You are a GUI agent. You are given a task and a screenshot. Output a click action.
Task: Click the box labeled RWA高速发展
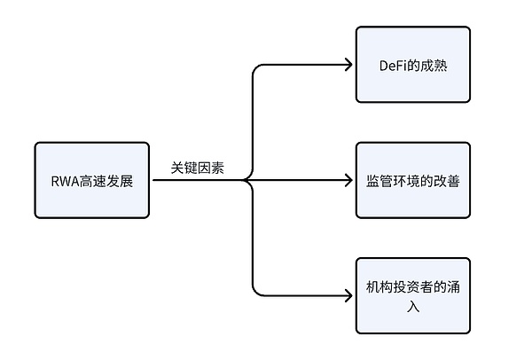(x=93, y=180)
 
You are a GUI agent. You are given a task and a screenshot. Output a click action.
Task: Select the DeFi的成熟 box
(x=412, y=65)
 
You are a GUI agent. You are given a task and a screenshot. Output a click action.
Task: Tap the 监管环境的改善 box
(x=412, y=180)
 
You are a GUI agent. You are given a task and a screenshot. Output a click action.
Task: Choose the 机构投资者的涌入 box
(x=412, y=295)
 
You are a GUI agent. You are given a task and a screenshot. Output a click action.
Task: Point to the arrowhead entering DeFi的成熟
(x=348, y=65)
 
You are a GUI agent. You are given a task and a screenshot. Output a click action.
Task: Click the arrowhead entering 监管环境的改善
(x=348, y=180)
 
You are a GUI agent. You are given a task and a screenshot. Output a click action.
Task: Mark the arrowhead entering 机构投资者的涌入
(x=348, y=295)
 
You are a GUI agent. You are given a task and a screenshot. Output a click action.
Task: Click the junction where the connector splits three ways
(x=246, y=180)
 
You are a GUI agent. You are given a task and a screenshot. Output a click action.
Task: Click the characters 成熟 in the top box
(x=434, y=66)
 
